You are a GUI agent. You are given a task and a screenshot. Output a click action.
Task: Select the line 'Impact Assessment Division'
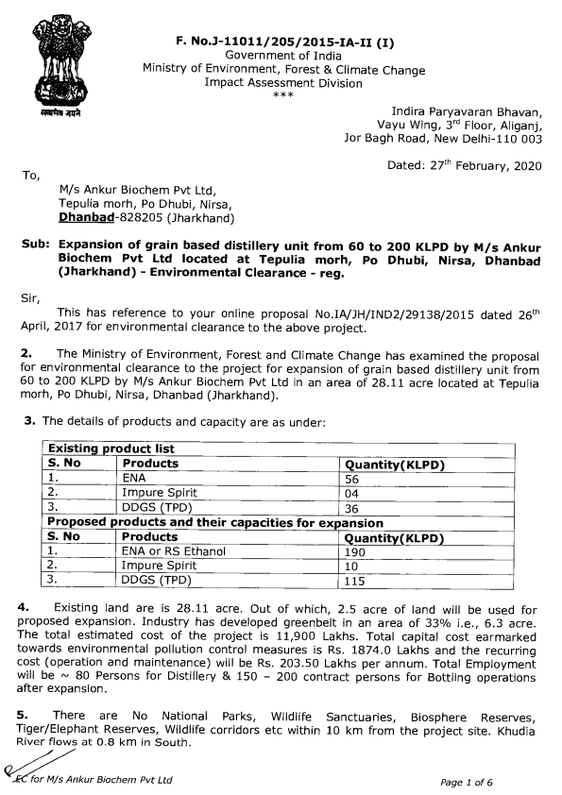(283, 83)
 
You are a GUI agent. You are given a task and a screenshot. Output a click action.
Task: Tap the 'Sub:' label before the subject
(34, 244)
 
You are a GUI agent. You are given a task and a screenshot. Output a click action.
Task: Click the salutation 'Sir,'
(32, 296)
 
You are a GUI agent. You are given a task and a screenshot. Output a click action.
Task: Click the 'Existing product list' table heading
(111, 448)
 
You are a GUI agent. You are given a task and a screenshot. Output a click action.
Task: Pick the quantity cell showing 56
(354, 478)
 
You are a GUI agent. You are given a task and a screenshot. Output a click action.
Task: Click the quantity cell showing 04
(354, 492)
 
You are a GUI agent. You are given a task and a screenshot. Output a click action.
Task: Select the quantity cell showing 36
(354, 507)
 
